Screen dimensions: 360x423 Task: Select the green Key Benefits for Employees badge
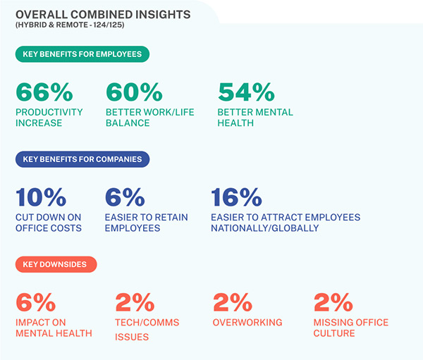[82, 54]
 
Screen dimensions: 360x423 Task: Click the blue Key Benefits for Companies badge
[82, 159]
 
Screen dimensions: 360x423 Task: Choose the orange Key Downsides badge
[56, 264]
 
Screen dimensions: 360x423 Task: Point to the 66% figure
[44, 93]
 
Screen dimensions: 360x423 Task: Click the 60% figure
[134, 93]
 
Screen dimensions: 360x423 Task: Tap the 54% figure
[246, 93]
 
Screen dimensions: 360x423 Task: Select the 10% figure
[41, 198]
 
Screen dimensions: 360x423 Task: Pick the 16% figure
[235, 198]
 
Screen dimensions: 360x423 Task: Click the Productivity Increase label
[49, 118]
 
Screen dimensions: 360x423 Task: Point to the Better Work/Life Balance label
[149, 118]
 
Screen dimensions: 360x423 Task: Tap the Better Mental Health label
[255, 118]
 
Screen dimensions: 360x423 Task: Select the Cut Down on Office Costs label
[48, 223]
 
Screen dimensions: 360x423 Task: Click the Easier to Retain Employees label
[147, 223]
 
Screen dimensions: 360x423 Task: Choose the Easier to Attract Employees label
[286, 223]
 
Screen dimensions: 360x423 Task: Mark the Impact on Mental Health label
[54, 328]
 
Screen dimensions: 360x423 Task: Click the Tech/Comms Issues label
[147, 329]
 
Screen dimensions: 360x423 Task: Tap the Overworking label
[247, 323]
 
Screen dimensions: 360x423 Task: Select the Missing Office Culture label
[351, 328]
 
